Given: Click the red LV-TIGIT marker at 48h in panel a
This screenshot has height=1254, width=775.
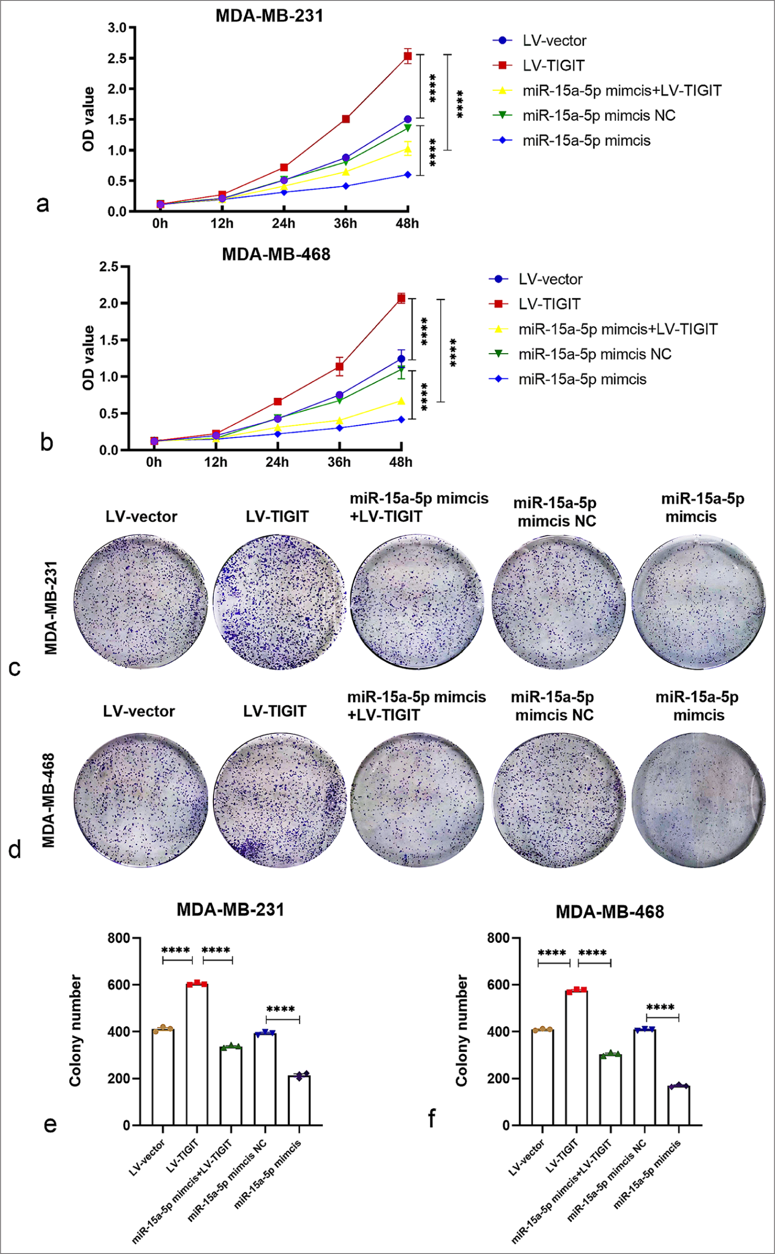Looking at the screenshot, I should pyautogui.click(x=408, y=56).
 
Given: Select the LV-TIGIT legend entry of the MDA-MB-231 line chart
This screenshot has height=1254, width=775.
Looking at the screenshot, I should pyautogui.click(x=553, y=66).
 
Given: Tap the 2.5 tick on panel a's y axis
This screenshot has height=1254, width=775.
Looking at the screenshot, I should pyautogui.click(x=117, y=58).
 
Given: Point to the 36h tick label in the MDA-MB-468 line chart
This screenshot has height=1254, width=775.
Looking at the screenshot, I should pyautogui.click(x=339, y=462).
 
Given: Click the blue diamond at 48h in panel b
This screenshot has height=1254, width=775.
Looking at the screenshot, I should pyautogui.click(x=401, y=419).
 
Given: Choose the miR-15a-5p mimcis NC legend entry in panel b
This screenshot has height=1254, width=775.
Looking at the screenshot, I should pyautogui.click(x=594, y=354).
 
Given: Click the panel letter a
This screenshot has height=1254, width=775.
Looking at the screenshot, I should pyautogui.click(x=43, y=204).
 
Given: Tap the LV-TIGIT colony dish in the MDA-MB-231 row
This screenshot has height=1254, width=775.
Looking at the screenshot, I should pyautogui.click(x=279, y=601).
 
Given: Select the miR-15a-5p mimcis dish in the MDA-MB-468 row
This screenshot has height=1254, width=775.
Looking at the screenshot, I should pyautogui.click(x=698, y=800).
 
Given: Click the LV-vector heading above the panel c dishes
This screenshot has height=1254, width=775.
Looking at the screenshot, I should pyautogui.click(x=141, y=517).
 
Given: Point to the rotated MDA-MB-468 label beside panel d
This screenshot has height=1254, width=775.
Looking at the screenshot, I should pyautogui.click(x=49, y=800).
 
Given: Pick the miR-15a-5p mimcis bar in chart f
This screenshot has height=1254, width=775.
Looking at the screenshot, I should pyautogui.click(x=678, y=1105).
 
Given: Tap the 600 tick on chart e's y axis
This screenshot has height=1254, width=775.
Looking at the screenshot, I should pyautogui.click(x=118, y=985).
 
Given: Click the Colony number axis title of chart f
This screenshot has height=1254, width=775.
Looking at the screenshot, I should pyautogui.click(x=462, y=1030).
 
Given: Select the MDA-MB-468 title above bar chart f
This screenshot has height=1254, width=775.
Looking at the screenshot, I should pyautogui.click(x=609, y=912).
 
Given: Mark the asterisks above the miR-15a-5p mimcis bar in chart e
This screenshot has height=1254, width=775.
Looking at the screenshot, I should pyautogui.click(x=281, y=1008).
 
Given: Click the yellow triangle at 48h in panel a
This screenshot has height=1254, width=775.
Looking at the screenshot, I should pyautogui.click(x=408, y=149).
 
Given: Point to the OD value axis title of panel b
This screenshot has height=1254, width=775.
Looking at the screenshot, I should pyautogui.click(x=89, y=357).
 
